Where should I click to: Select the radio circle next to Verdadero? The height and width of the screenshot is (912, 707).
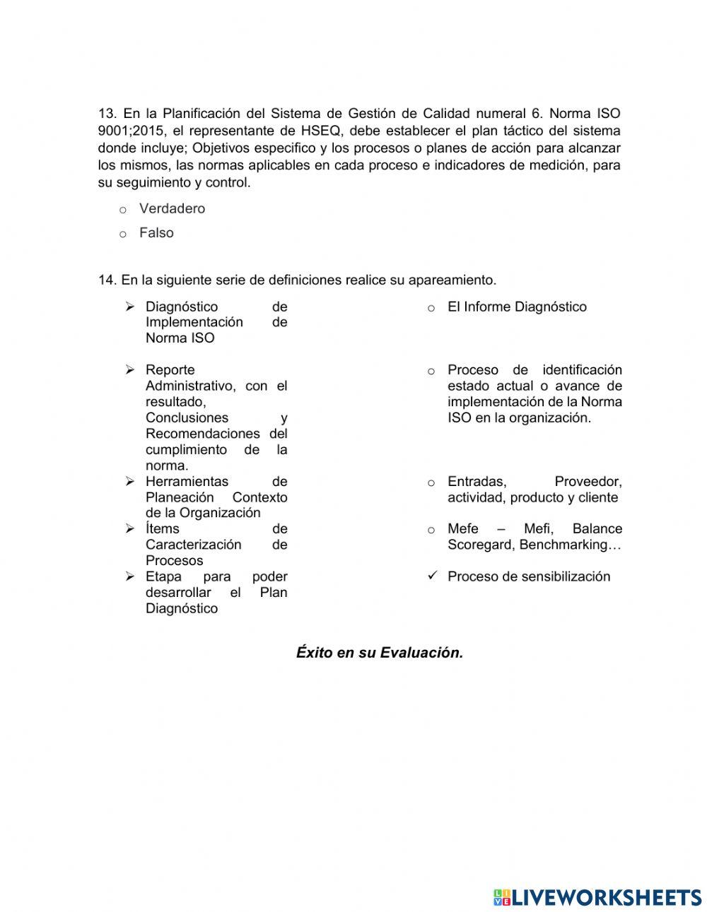pos(122,210)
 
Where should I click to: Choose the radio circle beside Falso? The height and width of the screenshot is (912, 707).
pos(122,234)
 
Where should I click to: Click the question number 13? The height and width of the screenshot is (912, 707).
pos(107,114)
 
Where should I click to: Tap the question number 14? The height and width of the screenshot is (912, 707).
pos(107,280)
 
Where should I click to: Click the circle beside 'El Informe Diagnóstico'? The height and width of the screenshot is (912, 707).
pos(431,308)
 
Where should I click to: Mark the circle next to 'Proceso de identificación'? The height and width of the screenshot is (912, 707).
pos(431,371)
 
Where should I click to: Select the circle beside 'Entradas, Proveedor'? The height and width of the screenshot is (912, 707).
pos(431,482)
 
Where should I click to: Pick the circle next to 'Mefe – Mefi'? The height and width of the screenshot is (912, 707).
pos(431,530)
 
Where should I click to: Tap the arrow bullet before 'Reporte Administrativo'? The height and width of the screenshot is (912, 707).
pos(130,369)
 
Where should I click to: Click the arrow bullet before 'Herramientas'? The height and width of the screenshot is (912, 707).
pos(130,481)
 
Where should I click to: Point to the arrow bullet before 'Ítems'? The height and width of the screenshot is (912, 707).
pos(130,528)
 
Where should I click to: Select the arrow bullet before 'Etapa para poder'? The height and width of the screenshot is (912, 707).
pos(130,576)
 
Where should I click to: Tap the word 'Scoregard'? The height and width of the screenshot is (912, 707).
pos(480,545)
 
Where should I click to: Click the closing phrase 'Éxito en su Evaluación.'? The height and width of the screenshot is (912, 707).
pos(380,653)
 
